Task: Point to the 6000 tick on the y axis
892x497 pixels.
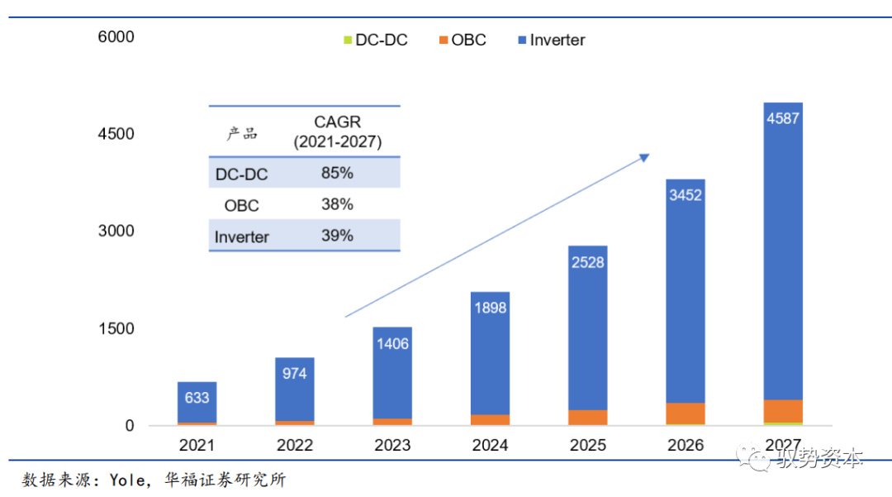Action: click(x=116, y=37)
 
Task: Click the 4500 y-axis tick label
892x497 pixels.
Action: click(x=116, y=134)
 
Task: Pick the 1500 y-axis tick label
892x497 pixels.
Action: click(x=116, y=329)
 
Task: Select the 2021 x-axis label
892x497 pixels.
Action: click(x=197, y=446)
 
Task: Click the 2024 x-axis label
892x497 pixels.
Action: click(x=490, y=446)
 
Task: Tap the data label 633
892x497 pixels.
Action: click(x=197, y=398)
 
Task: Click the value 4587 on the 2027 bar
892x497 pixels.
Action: click(x=783, y=118)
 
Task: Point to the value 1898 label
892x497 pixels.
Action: click(x=490, y=308)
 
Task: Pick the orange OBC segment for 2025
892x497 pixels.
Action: click(x=587, y=418)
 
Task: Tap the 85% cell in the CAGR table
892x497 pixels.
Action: click(x=337, y=174)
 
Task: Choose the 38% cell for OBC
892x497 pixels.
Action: click(x=337, y=204)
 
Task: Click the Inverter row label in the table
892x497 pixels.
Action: click(x=242, y=237)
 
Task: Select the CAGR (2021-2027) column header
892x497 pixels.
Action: click(x=337, y=132)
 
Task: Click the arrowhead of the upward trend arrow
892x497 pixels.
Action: click(x=646, y=156)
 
